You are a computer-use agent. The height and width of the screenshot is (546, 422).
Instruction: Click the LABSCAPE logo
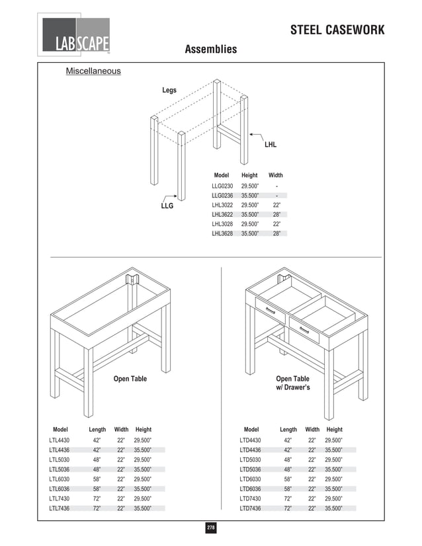pyautogui.click(x=75, y=38)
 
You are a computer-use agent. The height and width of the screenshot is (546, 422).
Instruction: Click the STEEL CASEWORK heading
pyautogui.click(x=337, y=30)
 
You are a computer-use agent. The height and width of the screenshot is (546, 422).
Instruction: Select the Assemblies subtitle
pyautogui.click(x=210, y=50)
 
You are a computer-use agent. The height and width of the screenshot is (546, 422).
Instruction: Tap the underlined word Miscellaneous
pyautogui.click(x=93, y=71)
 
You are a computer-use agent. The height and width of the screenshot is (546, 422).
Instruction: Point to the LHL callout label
pyautogui.click(x=271, y=144)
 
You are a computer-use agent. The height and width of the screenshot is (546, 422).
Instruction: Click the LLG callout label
pyautogui.click(x=167, y=206)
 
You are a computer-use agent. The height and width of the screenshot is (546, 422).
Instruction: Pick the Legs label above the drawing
pyautogui.click(x=169, y=90)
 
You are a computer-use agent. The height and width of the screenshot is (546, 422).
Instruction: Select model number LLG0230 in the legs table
pyautogui.click(x=222, y=186)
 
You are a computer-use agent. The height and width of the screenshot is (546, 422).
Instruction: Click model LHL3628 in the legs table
pyautogui.click(x=222, y=233)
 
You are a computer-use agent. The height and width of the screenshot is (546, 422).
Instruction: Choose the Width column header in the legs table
pyautogui.click(x=275, y=175)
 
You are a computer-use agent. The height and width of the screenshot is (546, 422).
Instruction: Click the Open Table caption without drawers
pyautogui.click(x=130, y=379)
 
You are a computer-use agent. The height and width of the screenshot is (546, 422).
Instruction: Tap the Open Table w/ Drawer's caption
pyautogui.click(x=292, y=383)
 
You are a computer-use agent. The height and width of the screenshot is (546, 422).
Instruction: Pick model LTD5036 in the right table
pyautogui.click(x=250, y=469)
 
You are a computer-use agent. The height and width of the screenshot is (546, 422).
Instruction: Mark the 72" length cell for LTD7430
pyautogui.click(x=288, y=498)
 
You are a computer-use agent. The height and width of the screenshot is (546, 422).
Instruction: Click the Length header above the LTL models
pyautogui.click(x=97, y=430)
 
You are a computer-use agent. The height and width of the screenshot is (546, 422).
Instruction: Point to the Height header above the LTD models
pyautogui.click(x=334, y=430)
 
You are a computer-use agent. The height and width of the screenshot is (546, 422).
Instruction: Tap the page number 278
pyautogui.click(x=210, y=527)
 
